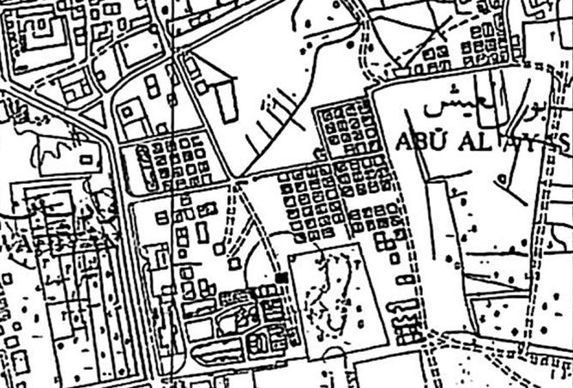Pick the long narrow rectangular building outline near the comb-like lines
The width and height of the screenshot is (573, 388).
(x=225, y=101)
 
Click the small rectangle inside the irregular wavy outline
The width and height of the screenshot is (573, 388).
(x=86, y=159)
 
